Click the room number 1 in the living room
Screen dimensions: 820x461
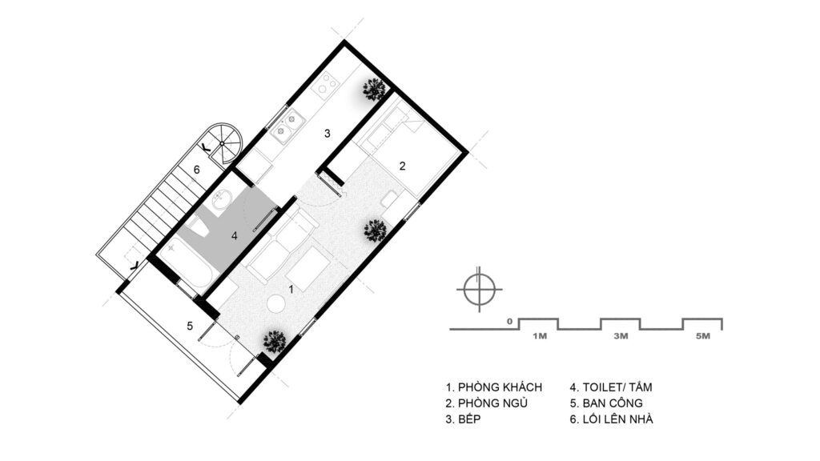(291, 288)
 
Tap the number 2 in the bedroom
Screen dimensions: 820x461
(402, 166)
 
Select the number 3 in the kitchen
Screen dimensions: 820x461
(328, 134)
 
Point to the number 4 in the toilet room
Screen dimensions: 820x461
(235, 236)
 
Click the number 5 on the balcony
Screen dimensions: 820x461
(190, 327)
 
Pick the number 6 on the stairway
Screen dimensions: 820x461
(197, 170)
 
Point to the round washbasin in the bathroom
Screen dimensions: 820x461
(222, 201)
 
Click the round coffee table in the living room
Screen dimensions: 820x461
(276, 303)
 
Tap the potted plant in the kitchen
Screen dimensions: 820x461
(375, 90)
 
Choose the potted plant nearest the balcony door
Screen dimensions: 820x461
(275, 342)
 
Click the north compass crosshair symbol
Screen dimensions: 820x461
(480, 289)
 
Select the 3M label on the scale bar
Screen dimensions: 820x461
(621, 336)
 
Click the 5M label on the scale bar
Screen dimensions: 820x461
(703, 336)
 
